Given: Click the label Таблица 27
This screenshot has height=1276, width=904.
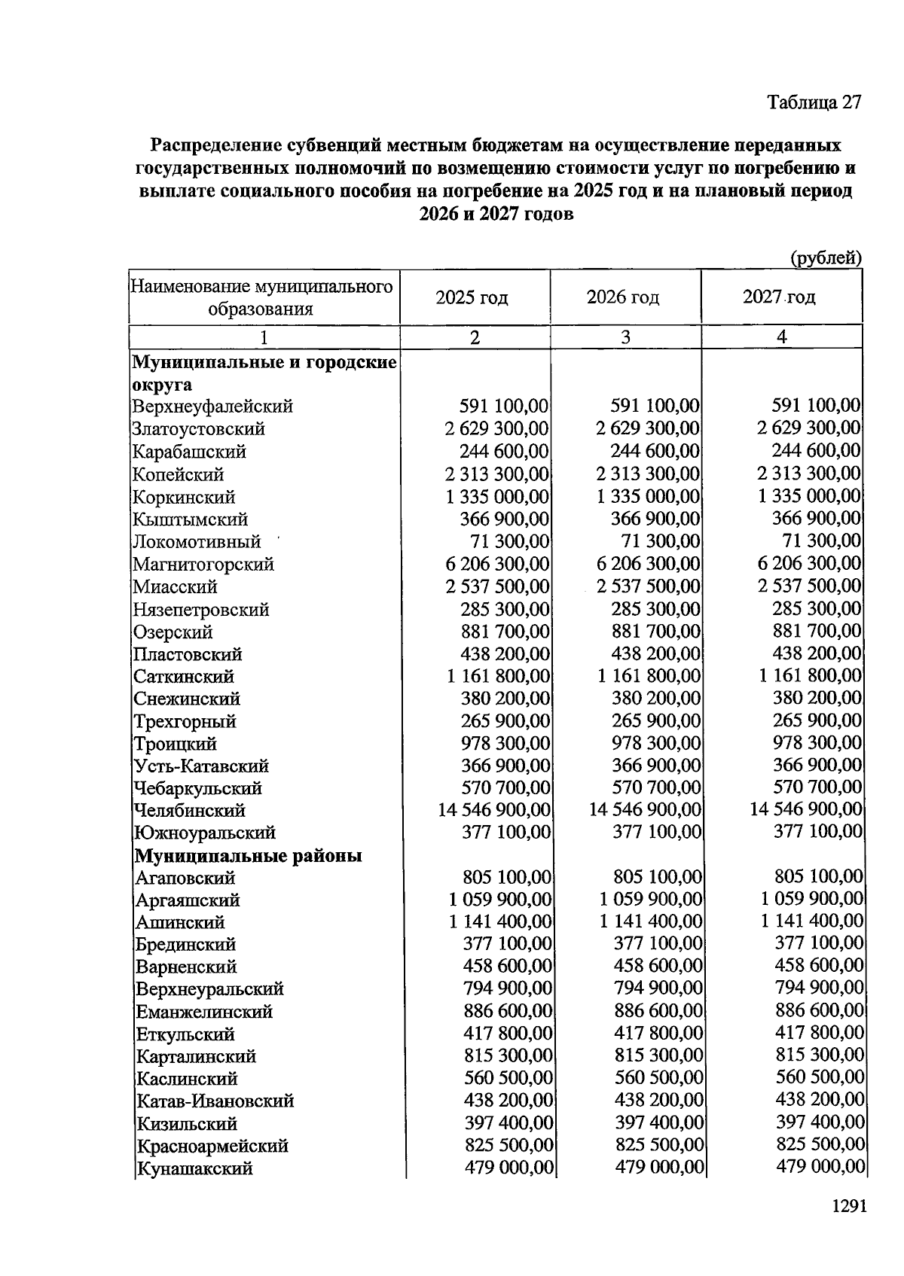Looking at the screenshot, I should pos(814,102).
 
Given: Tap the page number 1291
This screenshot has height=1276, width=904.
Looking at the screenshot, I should pos(849,1206).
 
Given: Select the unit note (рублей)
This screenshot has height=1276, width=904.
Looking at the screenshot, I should pos(825,258).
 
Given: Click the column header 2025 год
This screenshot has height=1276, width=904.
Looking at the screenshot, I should pos(472,297).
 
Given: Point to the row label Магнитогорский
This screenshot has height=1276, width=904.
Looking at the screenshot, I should pos(203,564).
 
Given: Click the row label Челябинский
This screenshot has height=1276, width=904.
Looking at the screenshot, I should pos(190,811).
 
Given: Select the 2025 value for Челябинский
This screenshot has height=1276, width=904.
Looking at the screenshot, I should pos(494,810).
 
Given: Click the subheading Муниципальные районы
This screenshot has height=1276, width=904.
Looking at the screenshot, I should pos(249,856).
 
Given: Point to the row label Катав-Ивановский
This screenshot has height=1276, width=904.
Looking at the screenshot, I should pos(215,1101).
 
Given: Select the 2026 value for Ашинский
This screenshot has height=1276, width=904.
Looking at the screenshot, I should pos(651,921).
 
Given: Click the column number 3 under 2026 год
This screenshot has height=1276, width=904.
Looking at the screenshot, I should pos(625,337).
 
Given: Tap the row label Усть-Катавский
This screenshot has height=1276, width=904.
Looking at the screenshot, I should pos(202,766).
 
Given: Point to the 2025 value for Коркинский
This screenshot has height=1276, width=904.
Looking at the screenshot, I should pos(497,497).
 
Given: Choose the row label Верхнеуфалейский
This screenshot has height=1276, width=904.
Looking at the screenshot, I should pos(213,407).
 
